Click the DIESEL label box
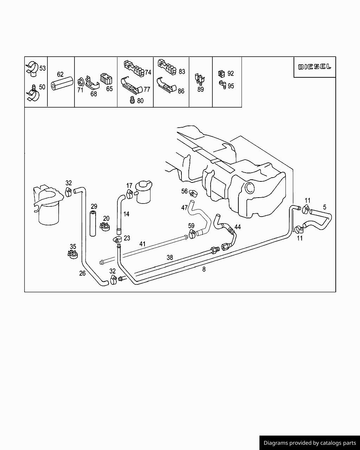pyautogui.click(x=315, y=67)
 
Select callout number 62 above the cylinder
pyautogui.click(x=60, y=75)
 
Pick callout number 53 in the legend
pyautogui.click(x=42, y=68)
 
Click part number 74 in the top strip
pyautogui.click(x=148, y=72)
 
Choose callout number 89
pyautogui.click(x=200, y=89)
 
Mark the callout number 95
pyautogui.click(x=231, y=86)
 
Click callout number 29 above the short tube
pyautogui.click(x=94, y=206)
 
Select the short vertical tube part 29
pyautogui.click(x=93, y=224)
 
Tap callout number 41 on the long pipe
pyautogui.click(x=142, y=244)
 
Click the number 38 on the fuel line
pyautogui.click(x=170, y=257)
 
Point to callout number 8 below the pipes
pyautogui.click(x=204, y=269)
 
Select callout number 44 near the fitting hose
pyautogui.click(x=238, y=227)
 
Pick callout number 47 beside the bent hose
pyautogui.click(x=184, y=208)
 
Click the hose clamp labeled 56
pyautogui.click(x=193, y=193)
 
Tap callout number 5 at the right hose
pyautogui.click(x=324, y=207)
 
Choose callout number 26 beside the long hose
pyautogui.click(x=82, y=273)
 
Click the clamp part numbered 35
pyautogui.click(x=73, y=254)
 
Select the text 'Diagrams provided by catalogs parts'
pyautogui.click(x=310, y=443)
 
